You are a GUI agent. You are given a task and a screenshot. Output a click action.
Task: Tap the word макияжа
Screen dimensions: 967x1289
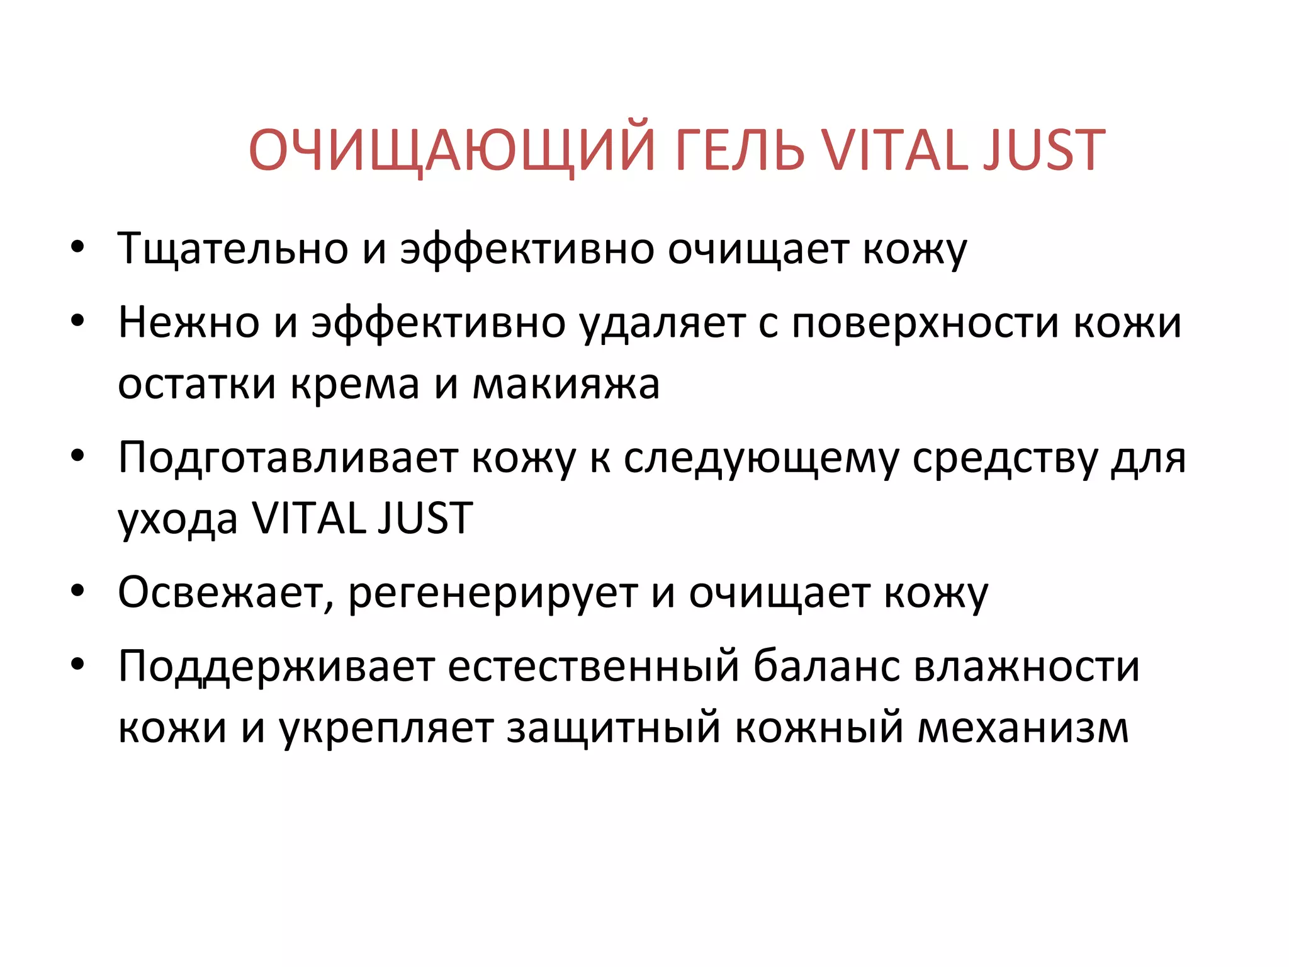point(566,383)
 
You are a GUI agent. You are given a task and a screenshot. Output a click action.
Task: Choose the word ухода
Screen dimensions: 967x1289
point(178,519)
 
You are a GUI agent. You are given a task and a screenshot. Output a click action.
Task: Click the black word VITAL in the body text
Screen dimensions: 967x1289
point(310,519)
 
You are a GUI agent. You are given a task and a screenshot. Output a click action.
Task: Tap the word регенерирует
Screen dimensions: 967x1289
point(493,593)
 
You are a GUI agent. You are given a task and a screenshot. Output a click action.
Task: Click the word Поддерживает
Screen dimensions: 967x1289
point(276,666)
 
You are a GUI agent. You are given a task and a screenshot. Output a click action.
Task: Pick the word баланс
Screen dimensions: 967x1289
point(826,666)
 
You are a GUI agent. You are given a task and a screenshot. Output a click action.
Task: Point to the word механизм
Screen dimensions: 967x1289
point(1023,728)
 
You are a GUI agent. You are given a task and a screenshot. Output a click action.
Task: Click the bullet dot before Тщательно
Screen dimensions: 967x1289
point(77,247)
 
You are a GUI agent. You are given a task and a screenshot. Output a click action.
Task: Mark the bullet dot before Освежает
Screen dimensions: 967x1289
point(77,592)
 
